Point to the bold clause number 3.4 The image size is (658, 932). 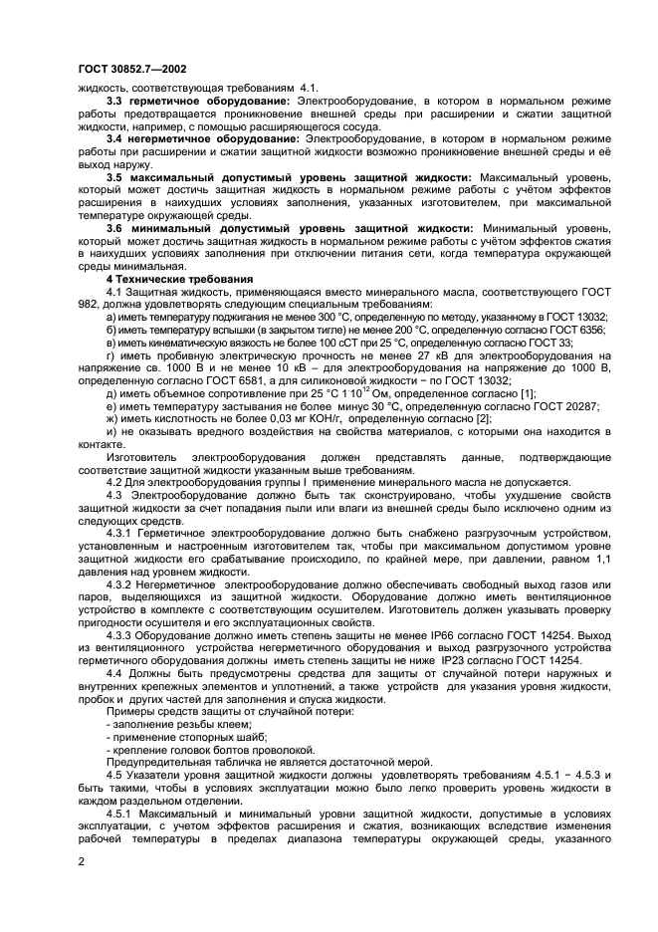point(117,137)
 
